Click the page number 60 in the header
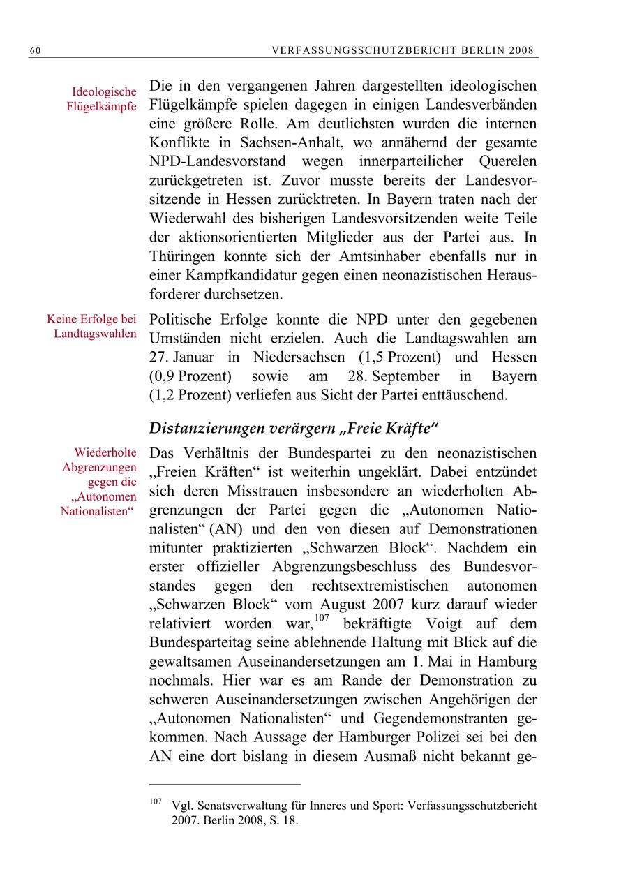click(34, 50)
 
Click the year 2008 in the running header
click(521, 50)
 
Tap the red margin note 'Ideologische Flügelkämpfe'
click(104, 99)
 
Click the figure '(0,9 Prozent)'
click(190, 376)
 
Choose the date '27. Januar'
click(181, 357)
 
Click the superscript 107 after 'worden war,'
click(321, 619)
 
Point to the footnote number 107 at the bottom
click(155, 801)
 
